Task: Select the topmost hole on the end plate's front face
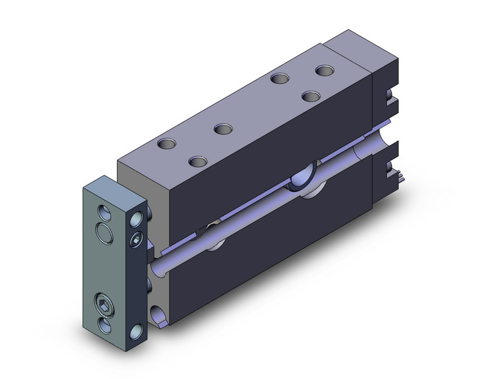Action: pyautogui.click(x=104, y=210)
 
